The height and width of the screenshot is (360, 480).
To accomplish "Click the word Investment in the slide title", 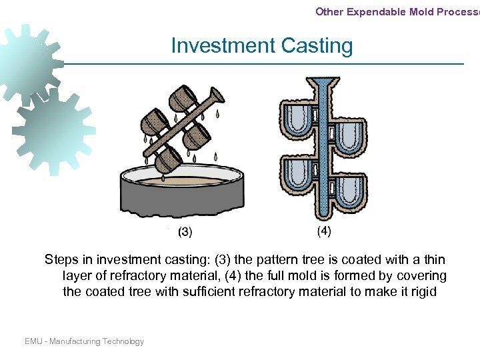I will [220, 46].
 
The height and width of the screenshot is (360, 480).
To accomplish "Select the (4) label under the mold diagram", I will [323, 231].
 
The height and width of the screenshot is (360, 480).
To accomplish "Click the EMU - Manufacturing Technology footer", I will [84, 341].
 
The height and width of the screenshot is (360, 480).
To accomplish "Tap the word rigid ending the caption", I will [423, 291].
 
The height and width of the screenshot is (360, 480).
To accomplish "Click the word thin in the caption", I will [432, 259].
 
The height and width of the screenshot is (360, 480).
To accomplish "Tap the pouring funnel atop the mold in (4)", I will [323, 85].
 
